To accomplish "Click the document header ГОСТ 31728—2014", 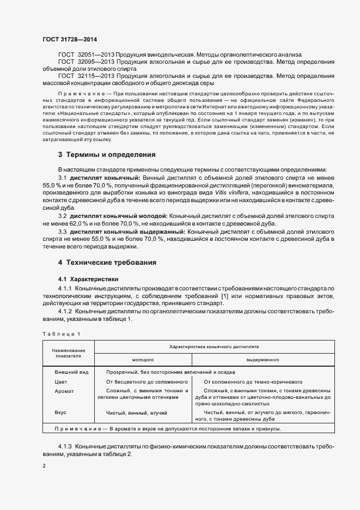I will pos(69,39).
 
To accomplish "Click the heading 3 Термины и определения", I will pos(107,154).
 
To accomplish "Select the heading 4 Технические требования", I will pos(107,263).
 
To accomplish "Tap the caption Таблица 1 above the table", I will pos(60,333).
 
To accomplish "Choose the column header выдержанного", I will pos(263,360).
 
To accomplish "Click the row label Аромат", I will pos(64,391).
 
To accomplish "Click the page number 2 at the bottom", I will pos(44,466).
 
